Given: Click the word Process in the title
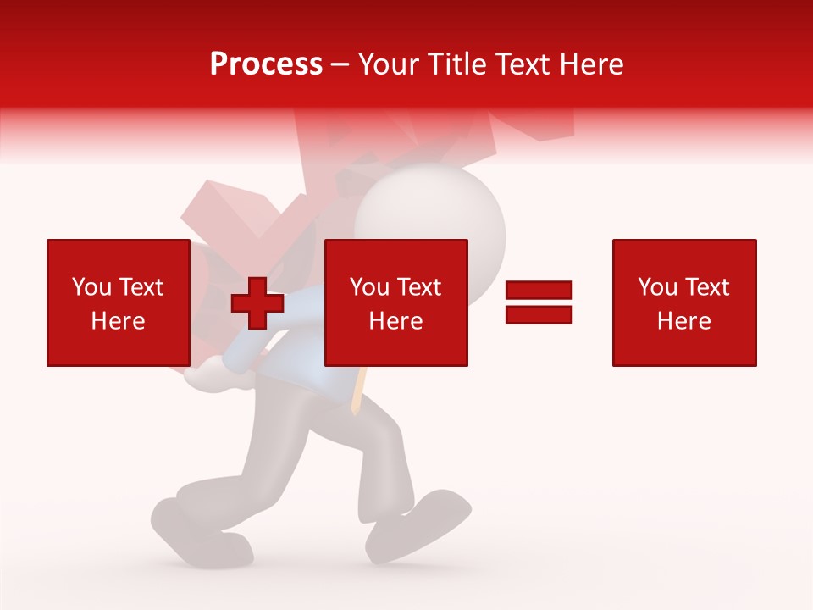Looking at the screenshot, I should point(266,64).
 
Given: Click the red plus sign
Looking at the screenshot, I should point(257,303).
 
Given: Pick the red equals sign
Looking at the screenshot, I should point(539,302).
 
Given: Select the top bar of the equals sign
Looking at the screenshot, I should point(539,291).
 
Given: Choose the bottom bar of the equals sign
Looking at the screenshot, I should point(539,314).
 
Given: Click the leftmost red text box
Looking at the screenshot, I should point(118,302).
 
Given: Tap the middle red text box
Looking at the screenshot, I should point(395,302).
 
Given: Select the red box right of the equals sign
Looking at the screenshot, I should point(683,302).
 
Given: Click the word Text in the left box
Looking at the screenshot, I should point(141,287).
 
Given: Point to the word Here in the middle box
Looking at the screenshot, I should point(395,321).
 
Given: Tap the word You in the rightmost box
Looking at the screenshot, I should point(657,287).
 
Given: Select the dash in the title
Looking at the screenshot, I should point(340,64).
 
